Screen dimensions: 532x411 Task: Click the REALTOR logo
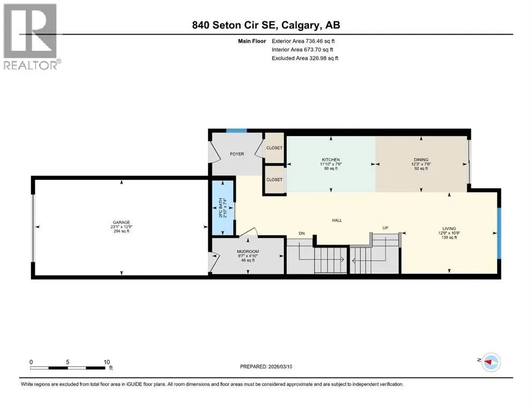click(x=32, y=36)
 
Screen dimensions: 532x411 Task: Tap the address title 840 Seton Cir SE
click(x=235, y=25)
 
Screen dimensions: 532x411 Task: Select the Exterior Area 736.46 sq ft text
click(x=303, y=41)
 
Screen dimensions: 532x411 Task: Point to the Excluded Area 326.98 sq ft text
click(x=305, y=58)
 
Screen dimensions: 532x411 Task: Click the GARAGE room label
click(x=122, y=222)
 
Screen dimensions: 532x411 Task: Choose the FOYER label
click(x=237, y=154)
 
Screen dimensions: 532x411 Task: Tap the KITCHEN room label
click(x=331, y=159)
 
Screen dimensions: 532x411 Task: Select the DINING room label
click(x=421, y=159)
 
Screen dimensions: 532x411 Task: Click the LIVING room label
click(x=449, y=229)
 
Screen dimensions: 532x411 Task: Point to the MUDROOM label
click(x=248, y=252)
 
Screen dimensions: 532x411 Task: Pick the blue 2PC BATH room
click(x=222, y=208)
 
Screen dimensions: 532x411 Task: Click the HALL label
click(x=337, y=220)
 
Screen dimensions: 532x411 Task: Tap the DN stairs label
click(x=302, y=233)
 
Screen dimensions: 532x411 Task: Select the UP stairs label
click(x=385, y=228)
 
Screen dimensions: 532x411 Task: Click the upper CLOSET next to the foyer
click(x=274, y=148)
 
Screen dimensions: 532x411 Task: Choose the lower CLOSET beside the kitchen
click(x=274, y=180)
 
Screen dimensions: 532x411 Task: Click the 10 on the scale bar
click(x=107, y=362)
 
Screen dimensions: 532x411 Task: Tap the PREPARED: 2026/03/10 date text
click(x=266, y=367)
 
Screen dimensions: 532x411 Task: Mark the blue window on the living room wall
click(x=499, y=233)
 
